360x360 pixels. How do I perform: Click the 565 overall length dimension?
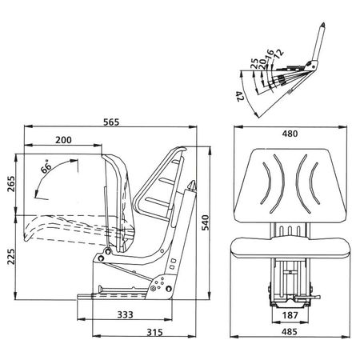[111, 122]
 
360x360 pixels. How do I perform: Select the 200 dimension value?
[63, 140]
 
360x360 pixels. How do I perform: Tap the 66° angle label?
[46, 166]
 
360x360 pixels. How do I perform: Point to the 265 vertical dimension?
[11, 183]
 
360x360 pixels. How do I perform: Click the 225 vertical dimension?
[11, 257]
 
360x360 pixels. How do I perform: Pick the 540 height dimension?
[205, 222]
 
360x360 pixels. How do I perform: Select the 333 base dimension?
[125, 314]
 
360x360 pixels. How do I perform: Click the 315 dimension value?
[154, 332]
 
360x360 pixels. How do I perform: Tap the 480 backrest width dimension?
[290, 134]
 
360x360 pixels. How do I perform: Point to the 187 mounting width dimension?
[290, 315]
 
